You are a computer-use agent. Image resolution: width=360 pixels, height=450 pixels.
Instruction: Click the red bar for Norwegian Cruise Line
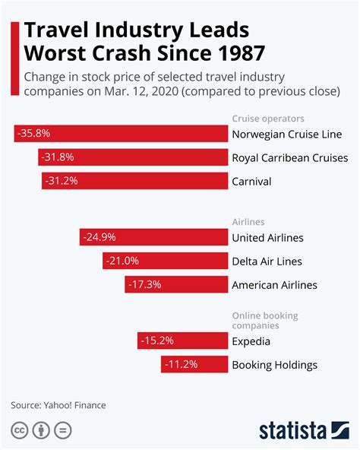click(x=122, y=134)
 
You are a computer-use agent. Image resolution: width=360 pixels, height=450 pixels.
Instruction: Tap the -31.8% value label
click(x=58, y=157)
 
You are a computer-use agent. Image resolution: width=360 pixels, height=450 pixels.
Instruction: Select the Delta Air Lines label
click(x=267, y=261)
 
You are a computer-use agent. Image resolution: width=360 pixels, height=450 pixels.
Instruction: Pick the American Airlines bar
click(x=176, y=285)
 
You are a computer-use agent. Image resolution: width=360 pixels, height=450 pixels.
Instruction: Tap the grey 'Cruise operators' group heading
click(x=267, y=118)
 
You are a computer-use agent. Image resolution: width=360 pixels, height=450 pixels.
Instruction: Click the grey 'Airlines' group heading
click(x=248, y=222)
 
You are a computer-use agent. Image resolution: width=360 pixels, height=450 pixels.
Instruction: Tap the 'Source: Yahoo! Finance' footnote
click(x=58, y=405)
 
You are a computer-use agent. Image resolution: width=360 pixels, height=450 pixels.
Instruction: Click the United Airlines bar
click(x=153, y=238)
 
